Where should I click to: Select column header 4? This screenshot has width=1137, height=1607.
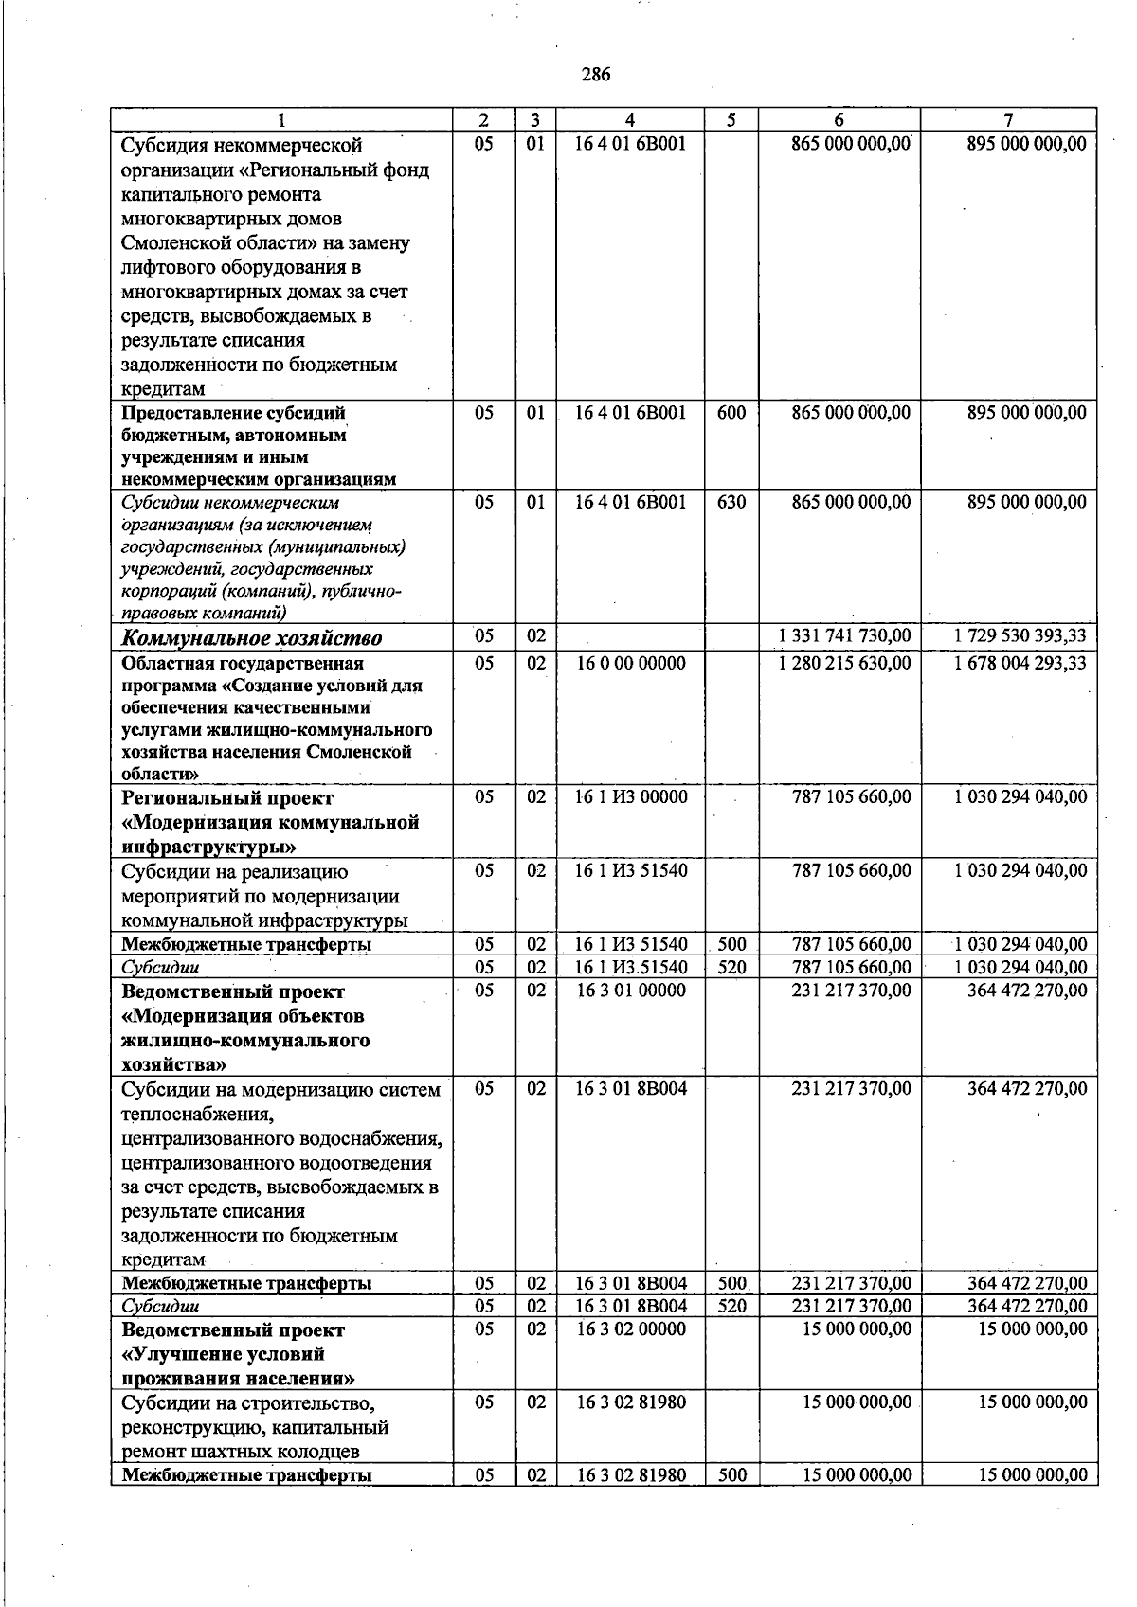pos(629,120)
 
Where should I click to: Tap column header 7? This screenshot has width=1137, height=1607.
pos(1008,120)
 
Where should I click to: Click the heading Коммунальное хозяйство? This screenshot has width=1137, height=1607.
pos(252,638)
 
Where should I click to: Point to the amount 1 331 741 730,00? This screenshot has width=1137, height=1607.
pos(844,636)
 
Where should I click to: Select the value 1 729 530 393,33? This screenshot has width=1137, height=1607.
pos(1020,636)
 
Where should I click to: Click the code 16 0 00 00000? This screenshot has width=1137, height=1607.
pos(631,663)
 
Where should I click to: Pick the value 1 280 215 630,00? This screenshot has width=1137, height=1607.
pos(844,663)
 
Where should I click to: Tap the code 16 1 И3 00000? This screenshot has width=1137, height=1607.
pos(631,797)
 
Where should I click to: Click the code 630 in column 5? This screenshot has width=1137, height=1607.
pos(731,502)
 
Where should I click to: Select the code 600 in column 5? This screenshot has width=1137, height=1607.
pos(731,413)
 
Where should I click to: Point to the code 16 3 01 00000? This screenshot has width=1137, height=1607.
pos(631,991)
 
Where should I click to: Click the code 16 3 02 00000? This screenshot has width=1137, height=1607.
pos(631,1329)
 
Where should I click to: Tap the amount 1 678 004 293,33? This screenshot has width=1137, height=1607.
pos(1020,663)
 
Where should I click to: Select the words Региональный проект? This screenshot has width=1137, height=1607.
pos(227,798)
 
